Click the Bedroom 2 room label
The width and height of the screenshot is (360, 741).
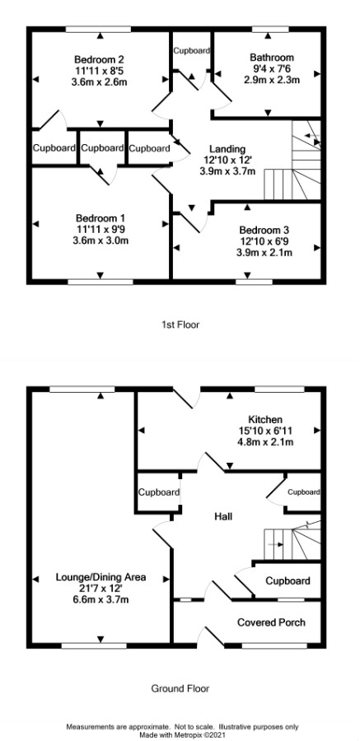click(x=100, y=60)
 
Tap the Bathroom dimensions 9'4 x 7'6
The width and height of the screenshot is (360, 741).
click(x=272, y=69)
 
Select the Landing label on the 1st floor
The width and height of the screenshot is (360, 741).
click(x=227, y=149)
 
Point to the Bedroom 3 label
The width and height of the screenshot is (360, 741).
click(x=264, y=231)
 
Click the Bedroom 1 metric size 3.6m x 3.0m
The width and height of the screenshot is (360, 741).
click(x=101, y=240)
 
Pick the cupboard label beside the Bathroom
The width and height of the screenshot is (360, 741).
click(x=191, y=50)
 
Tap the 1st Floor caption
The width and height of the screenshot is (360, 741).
click(x=180, y=324)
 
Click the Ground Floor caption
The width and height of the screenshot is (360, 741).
click(x=180, y=688)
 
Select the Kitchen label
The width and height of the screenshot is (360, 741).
click(x=265, y=420)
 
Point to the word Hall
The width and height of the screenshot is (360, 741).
click(x=222, y=516)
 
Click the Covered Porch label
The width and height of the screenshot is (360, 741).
click(x=271, y=622)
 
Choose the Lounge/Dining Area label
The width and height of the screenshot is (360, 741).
click(x=101, y=577)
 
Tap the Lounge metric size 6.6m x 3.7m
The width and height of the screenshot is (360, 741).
click(x=101, y=600)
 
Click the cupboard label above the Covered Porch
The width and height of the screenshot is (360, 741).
click(x=288, y=580)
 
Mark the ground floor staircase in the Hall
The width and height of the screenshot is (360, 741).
click(x=292, y=540)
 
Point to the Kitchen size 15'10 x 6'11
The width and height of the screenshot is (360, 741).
click(x=265, y=431)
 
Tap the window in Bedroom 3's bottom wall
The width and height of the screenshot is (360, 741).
click(x=254, y=282)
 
